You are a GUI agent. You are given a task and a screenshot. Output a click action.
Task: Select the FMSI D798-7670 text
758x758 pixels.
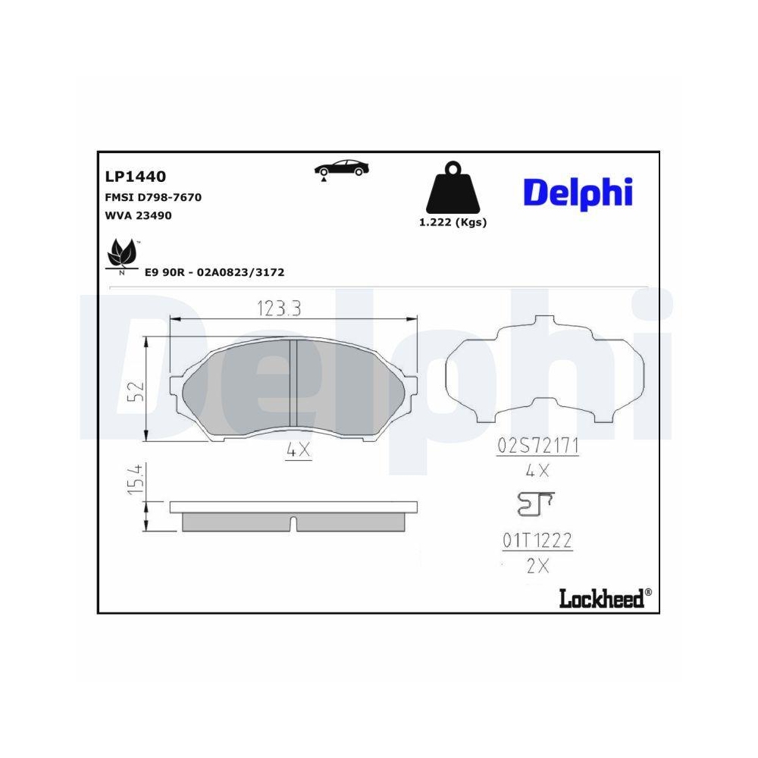point(152,197)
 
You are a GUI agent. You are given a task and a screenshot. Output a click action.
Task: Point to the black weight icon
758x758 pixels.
point(453,189)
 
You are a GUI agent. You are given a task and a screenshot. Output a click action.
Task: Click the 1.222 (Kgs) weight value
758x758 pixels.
point(453,222)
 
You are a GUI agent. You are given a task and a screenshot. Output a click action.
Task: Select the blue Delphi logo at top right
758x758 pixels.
point(578,193)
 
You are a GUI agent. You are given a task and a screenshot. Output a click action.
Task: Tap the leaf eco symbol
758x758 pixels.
point(121,254)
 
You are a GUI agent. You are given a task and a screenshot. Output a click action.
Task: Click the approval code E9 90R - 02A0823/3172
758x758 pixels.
point(214,272)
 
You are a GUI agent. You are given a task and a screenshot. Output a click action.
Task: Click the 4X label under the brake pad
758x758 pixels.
point(299,449)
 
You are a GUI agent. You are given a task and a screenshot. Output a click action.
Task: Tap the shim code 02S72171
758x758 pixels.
point(537,446)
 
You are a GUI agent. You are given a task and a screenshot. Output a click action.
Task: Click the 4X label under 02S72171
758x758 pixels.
point(537,471)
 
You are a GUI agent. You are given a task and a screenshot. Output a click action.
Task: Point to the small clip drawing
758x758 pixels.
point(534,503)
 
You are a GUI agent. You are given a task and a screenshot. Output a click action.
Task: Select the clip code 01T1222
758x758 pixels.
point(537,541)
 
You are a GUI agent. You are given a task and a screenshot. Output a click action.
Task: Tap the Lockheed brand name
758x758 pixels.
point(603,598)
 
